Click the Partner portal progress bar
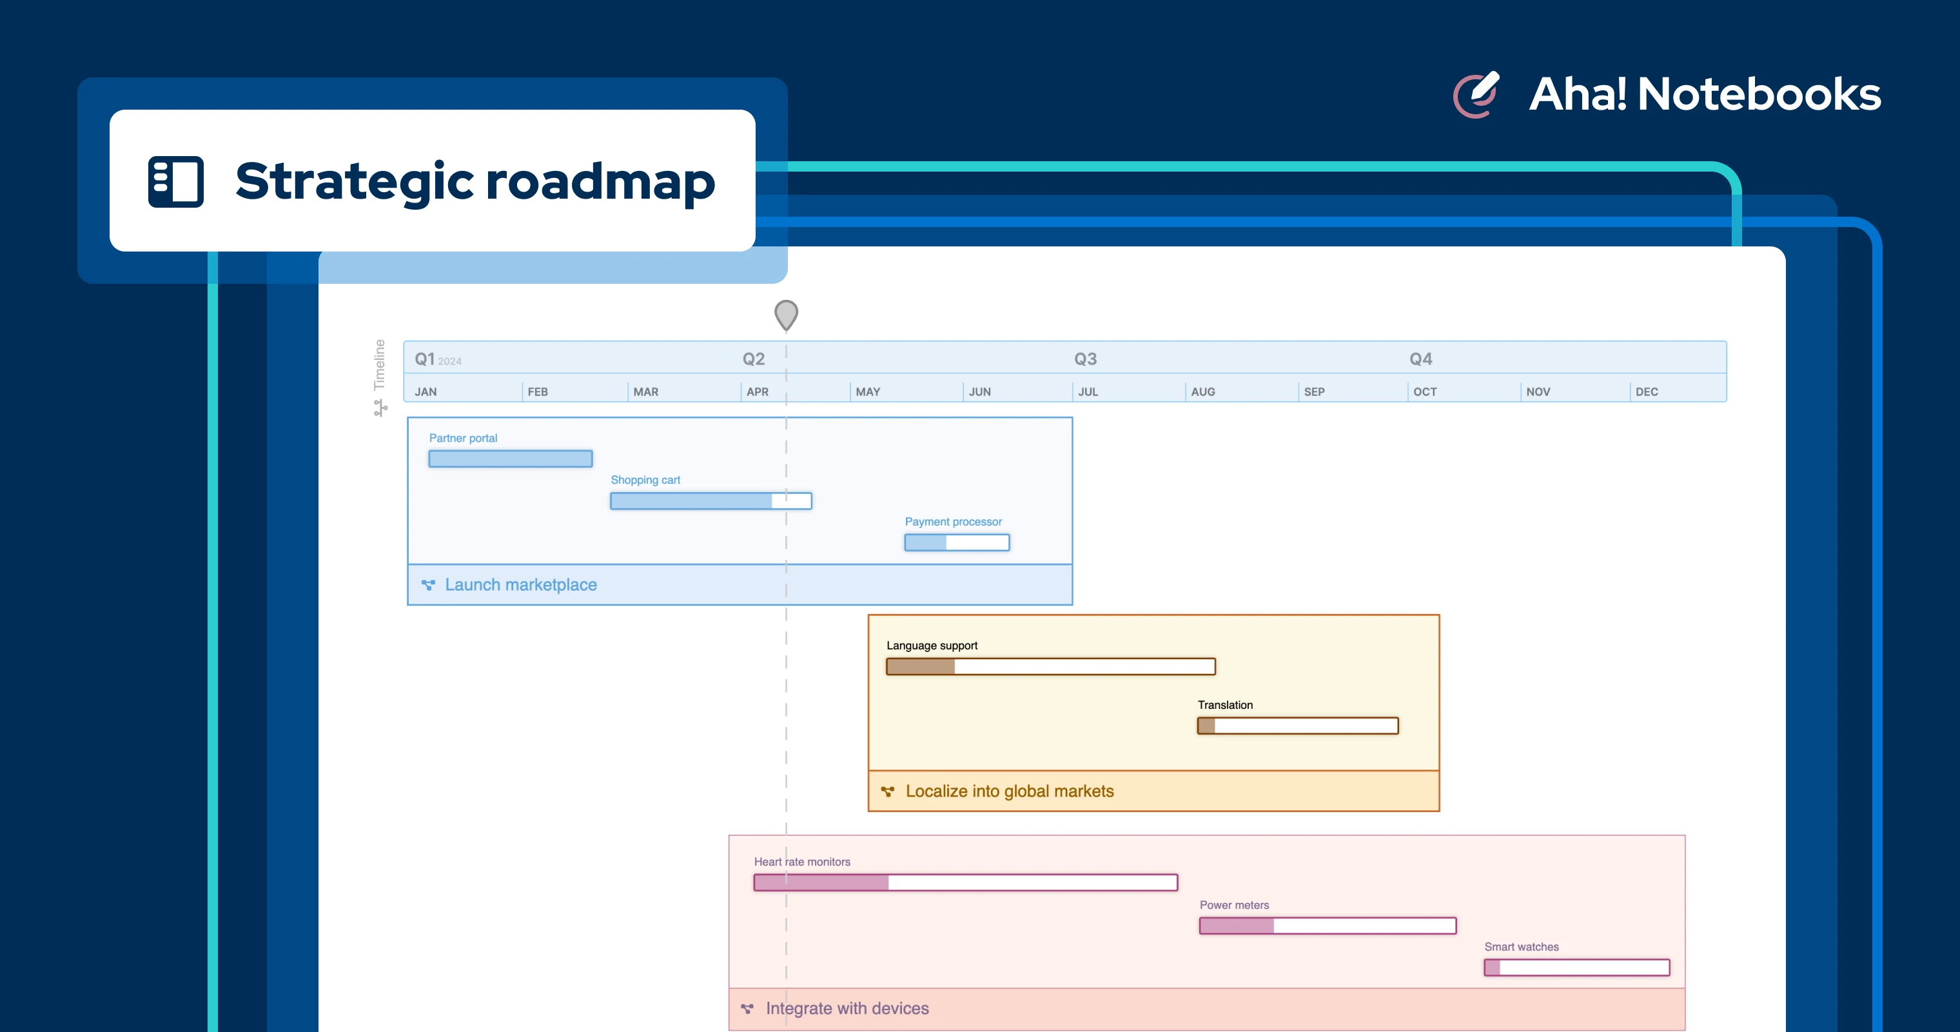(x=510, y=459)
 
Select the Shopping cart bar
(x=710, y=501)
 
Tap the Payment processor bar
(x=956, y=542)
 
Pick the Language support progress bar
(x=1050, y=667)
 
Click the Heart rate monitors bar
(x=965, y=883)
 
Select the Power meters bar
(x=1327, y=926)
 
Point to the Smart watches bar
(x=1576, y=968)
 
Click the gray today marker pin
(x=786, y=313)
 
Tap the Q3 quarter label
(x=1085, y=359)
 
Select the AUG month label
(x=1202, y=392)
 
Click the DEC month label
(x=1647, y=392)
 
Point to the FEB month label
(x=537, y=392)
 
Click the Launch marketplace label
(x=520, y=584)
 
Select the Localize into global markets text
(x=1009, y=791)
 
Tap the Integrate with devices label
(x=847, y=1008)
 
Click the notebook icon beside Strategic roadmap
(x=176, y=181)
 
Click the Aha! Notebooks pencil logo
(x=1476, y=95)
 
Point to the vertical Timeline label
(x=380, y=364)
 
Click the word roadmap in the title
(x=600, y=183)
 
